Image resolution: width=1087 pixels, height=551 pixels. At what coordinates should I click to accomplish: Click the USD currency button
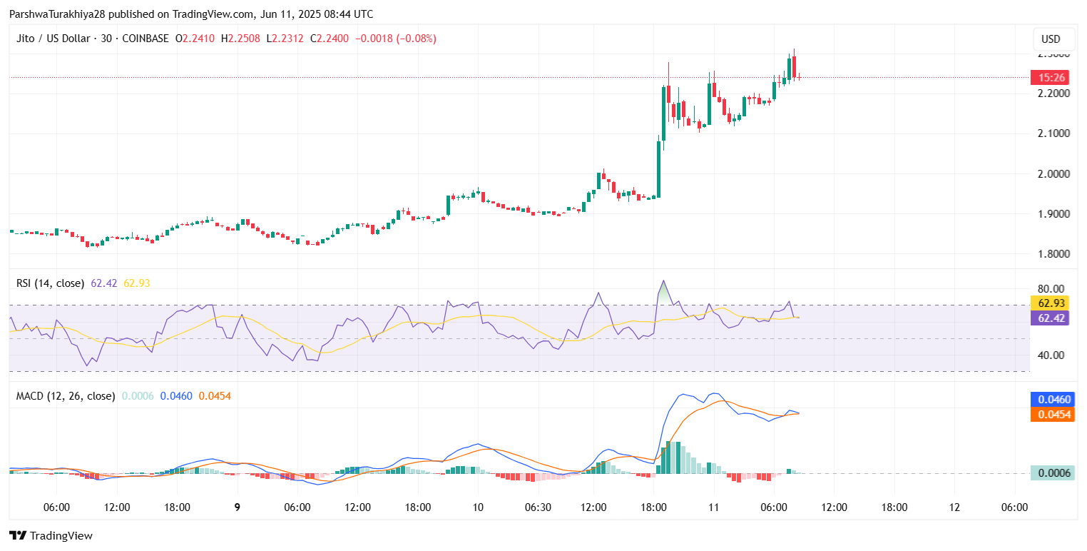[1051, 39]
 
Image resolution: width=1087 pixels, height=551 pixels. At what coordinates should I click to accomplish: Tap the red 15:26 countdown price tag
[1052, 77]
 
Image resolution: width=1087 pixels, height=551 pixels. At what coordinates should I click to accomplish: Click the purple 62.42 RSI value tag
[1052, 318]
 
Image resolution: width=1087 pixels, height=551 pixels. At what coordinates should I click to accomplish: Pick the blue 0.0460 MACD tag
[1052, 399]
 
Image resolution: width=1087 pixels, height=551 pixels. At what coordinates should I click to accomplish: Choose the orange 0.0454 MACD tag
[1052, 415]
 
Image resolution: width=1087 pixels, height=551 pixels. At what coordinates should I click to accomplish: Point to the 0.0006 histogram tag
[1052, 473]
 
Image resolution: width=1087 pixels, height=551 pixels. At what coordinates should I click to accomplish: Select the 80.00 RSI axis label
[1052, 288]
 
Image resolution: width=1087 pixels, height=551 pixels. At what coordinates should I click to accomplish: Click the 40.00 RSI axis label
[1052, 355]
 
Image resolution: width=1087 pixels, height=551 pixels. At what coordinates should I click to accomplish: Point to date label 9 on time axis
[238, 507]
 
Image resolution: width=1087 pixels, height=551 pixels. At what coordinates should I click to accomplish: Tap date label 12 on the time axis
[954, 507]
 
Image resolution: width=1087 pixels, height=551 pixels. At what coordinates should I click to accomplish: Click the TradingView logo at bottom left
[51, 535]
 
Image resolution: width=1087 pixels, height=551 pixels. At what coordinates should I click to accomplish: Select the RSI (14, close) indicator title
[50, 283]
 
